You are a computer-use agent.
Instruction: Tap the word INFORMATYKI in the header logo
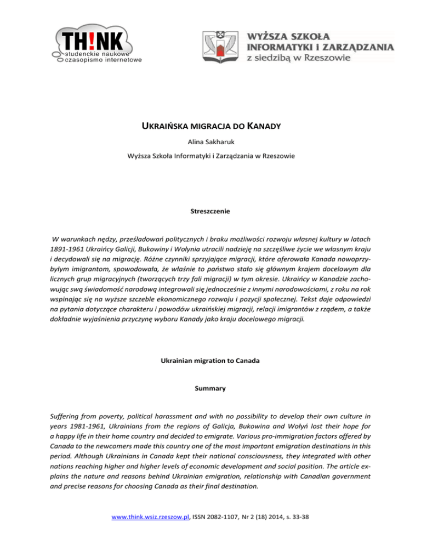pos(285,48)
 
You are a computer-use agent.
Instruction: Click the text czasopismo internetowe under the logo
pos(102,60)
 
